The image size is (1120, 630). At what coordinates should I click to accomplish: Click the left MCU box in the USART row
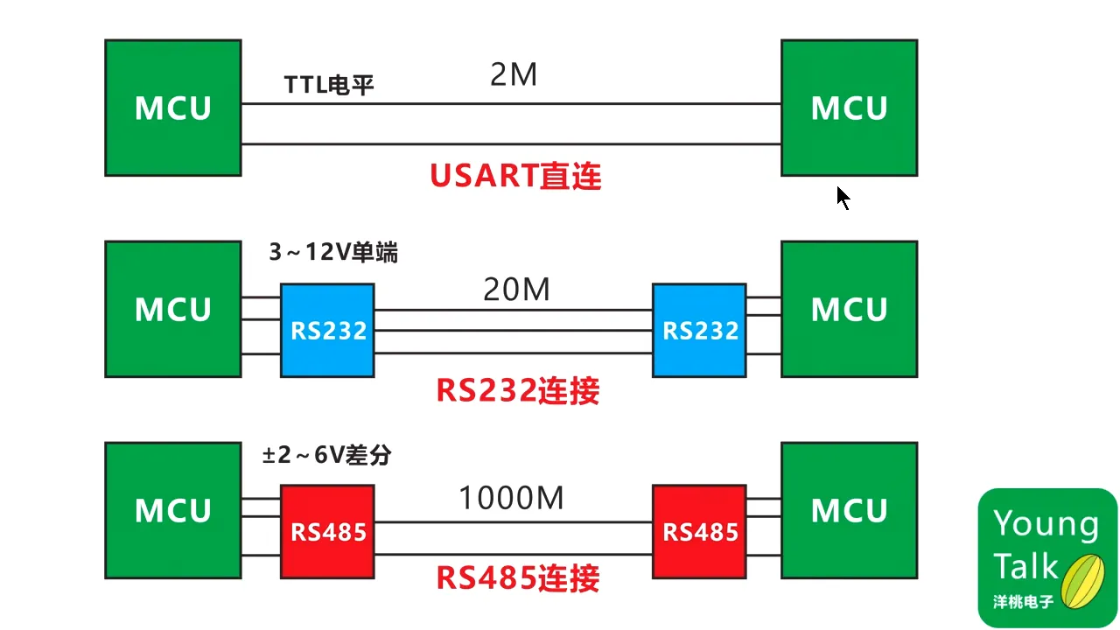(x=172, y=108)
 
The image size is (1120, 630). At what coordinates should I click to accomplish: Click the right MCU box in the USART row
(x=849, y=108)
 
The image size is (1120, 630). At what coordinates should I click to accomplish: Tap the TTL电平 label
(x=329, y=85)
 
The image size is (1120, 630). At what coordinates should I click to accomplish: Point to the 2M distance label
(x=514, y=76)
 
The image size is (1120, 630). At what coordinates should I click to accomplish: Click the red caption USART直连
(x=515, y=177)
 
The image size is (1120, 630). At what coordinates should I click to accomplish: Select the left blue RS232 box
(x=327, y=331)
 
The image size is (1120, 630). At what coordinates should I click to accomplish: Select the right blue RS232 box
(x=699, y=331)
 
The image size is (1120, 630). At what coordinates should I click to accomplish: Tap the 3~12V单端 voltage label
(x=332, y=253)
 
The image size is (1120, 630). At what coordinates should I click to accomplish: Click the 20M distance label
(x=516, y=289)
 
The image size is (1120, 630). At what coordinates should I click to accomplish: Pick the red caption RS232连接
(x=517, y=390)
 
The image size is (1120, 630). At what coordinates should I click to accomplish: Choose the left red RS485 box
(x=327, y=531)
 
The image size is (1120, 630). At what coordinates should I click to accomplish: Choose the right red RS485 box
(x=699, y=531)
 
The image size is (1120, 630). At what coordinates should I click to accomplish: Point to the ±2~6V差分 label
(x=327, y=455)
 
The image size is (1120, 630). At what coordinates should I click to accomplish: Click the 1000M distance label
(x=511, y=499)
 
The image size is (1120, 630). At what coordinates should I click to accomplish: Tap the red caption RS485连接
(x=517, y=578)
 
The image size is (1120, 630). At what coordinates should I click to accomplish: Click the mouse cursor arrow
(x=842, y=198)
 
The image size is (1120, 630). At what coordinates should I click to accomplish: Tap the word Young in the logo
(x=1046, y=523)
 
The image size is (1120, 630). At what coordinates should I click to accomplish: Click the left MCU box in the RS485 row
(x=172, y=510)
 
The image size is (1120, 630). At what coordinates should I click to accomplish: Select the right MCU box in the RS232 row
(x=849, y=309)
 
